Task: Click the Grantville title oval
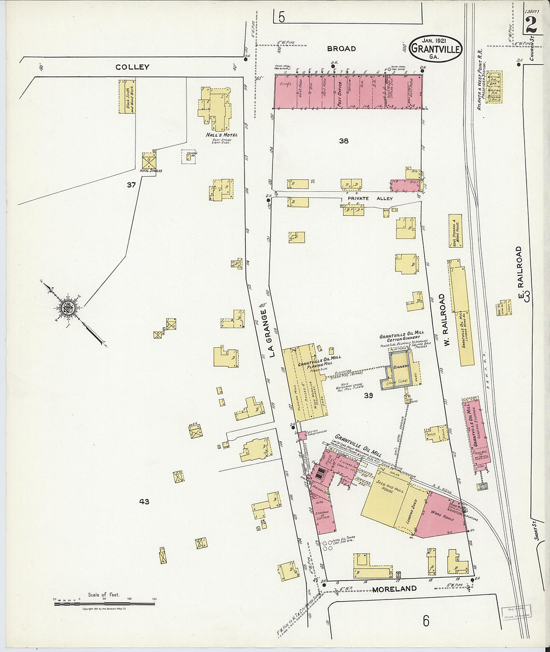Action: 435,48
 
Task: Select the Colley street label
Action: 132,67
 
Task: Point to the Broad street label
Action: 341,48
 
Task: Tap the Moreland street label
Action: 394,589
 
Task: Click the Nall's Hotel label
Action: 221,135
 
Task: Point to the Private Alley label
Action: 369,198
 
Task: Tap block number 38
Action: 343,141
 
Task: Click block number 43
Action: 144,501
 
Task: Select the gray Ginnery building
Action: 400,369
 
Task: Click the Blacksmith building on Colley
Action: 127,96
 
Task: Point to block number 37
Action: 131,185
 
